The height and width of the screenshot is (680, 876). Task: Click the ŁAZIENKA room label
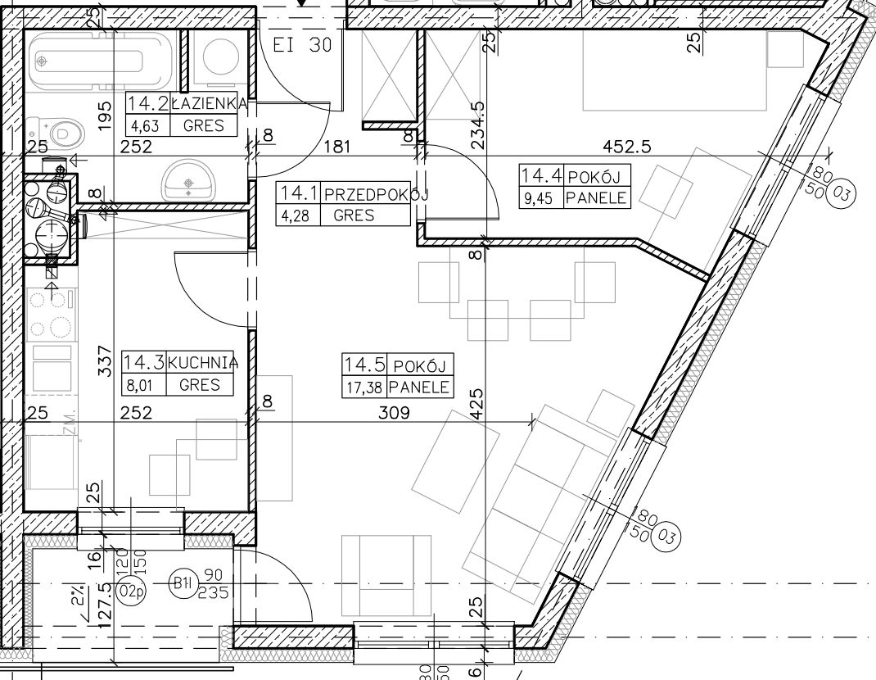pyautogui.click(x=210, y=103)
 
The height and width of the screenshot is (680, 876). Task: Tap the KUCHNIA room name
pyautogui.click(x=203, y=362)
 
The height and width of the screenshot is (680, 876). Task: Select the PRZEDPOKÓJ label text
pyautogui.click(x=376, y=195)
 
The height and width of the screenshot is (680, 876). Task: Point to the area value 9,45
pyautogui.click(x=540, y=198)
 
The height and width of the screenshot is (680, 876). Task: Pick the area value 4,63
pyautogui.click(x=145, y=126)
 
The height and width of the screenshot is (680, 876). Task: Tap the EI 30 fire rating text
pyautogui.click(x=302, y=45)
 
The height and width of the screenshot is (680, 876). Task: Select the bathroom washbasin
pyautogui.click(x=189, y=181)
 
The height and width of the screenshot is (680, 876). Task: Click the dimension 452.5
pyautogui.click(x=627, y=147)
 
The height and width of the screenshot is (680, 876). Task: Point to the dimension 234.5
pyautogui.click(x=477, y=125)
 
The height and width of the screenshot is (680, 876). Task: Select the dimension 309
pyautogui.click(x=394, y=413)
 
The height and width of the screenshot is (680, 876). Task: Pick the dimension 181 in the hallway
pyautogui.click(x=337, y=147)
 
